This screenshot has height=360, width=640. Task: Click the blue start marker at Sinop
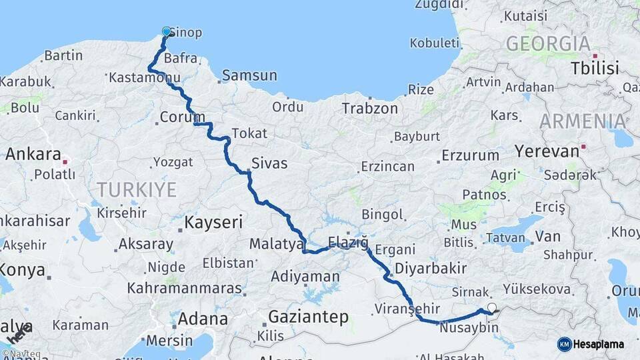167,31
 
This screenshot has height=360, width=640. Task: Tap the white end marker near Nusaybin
492,307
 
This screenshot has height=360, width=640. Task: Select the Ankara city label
33,154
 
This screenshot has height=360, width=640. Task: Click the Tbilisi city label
595,67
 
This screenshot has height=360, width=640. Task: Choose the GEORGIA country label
548,44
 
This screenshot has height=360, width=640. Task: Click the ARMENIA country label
583,121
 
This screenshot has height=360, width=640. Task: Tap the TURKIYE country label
137,189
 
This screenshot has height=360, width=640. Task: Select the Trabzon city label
370,108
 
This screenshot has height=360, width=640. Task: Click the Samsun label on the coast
249,75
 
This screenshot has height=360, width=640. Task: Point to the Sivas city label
269,163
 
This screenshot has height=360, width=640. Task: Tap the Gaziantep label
308,317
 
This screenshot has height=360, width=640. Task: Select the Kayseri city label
213,222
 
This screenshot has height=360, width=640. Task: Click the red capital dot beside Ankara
65,161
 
